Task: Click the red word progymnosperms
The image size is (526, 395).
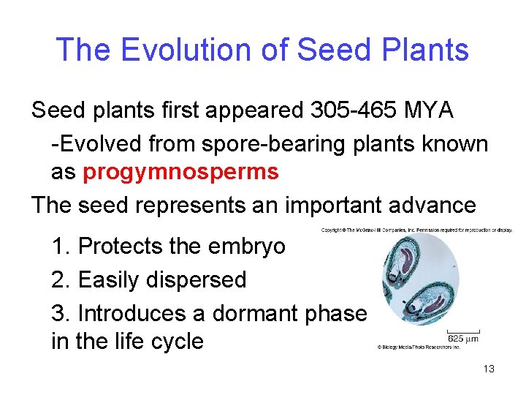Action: pyautogui.click(x=180, y=172)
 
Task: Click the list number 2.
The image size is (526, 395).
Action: pyautogui.click(x=59, y=279)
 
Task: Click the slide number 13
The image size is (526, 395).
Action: pyautogui.click(x=489, y=369)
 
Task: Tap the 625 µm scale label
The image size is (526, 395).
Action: pyautogui.click(x=463, y=338)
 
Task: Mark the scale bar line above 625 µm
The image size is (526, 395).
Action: pyautogui.click(x=462, y=329)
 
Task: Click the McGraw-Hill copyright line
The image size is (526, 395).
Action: pyautogui.click(x=416, y=230)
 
